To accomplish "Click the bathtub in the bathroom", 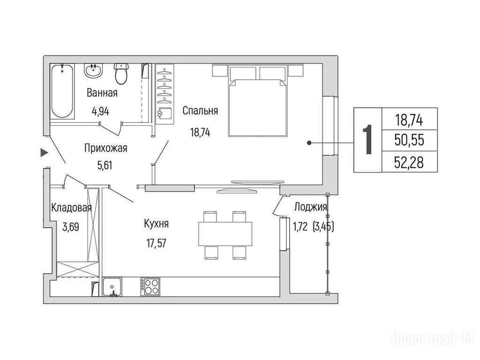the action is tap(62, 91).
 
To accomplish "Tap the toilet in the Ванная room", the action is tap(121, 74).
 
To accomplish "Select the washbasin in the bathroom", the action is tap(93, 71).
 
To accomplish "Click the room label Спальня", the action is tap(200, 111).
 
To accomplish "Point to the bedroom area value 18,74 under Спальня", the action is tap(200, 132).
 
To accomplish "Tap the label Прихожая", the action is tap(105, 148).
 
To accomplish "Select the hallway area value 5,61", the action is tap(105, 165).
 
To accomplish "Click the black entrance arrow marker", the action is tap(45, 152).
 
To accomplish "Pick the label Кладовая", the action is tap(71, 208).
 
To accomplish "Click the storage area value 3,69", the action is tap(71, 227).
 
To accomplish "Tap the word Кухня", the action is tap(156, 224).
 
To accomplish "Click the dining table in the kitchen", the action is tap(225, 234).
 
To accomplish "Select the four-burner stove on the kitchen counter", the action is tap(150, 286).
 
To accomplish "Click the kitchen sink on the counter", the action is tap(112, 286).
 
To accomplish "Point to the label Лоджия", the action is tap(310, 207).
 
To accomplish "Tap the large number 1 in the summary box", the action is tap(367, 140).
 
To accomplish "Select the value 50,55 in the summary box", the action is tap(409, 140).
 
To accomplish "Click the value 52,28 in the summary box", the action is tap(409, 162).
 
